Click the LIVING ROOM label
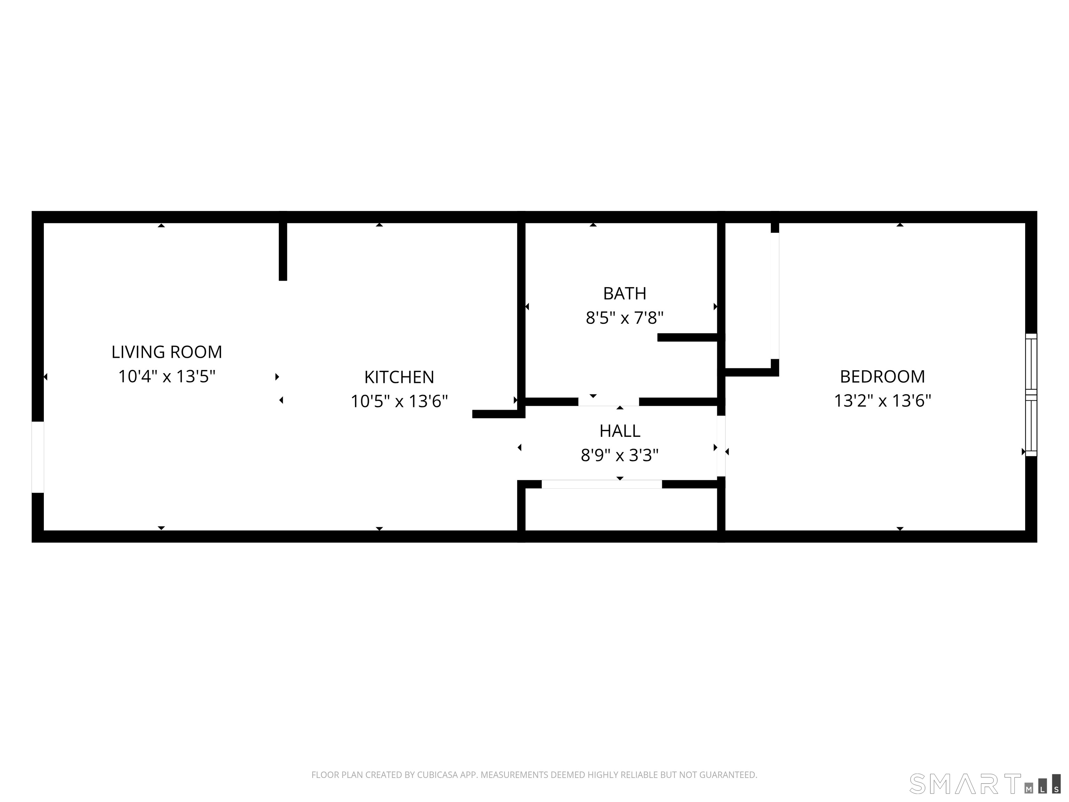167,352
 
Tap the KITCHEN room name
399,377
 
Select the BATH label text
624,293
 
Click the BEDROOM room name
882,377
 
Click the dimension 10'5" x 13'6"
399,401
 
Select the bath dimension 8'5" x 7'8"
624,318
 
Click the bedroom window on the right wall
1031,395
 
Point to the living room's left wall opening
38,457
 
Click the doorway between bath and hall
608,402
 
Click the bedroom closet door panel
775,296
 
